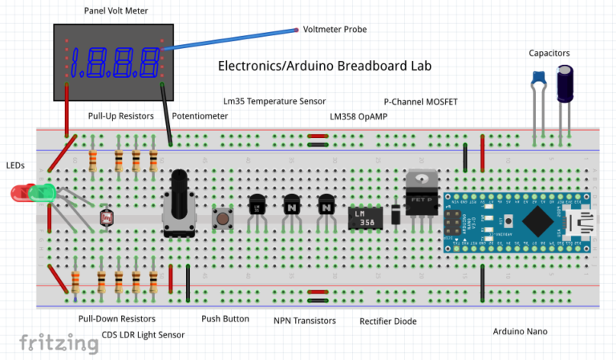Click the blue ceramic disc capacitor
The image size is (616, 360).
[x=539, y=77]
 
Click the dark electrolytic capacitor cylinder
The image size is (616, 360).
[x=567, y=84]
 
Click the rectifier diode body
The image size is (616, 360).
[x=395, y=214]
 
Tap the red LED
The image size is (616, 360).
[x=20, y=192]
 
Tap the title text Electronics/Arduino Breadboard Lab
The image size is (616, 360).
[x=325, y=67]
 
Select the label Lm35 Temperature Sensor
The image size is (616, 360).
[x=274, y=102]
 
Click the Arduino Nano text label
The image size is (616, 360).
[x=521, y=330]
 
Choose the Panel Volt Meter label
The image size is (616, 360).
[x=115, y=10]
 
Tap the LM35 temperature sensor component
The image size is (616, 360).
[x=257, y=205]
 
